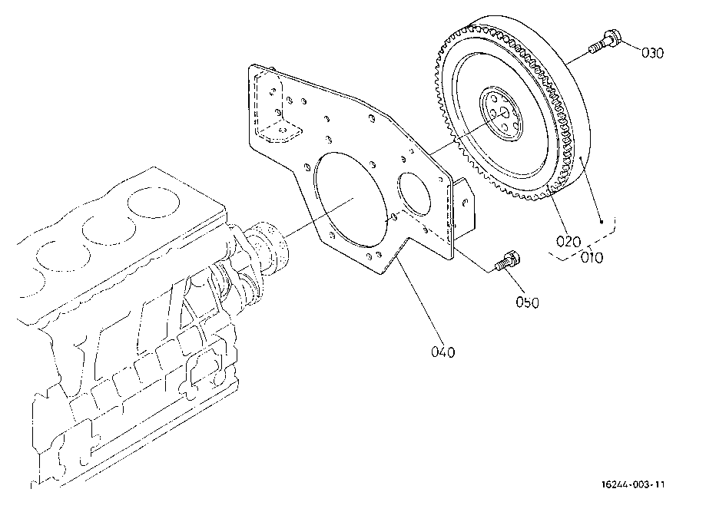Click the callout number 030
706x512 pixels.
coord(651,53)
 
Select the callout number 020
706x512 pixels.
coord(569,241)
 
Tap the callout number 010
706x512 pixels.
coord(592,256)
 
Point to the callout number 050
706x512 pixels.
coord(527,302)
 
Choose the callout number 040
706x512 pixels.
coord(443,352)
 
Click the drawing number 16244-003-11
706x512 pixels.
coord(634,484)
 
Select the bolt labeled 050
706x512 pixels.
coord(507,261)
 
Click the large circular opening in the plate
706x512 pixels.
coord(348,197)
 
